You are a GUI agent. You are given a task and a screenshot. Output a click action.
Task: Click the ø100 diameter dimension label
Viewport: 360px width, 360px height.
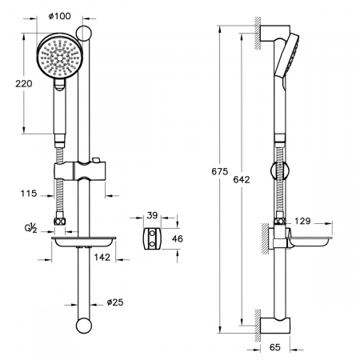(x=60, y=16)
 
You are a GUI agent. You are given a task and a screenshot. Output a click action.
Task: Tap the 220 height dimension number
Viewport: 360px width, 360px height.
(x=24, y=84)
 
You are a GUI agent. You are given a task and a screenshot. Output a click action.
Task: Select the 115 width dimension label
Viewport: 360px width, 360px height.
(x=29, y=194)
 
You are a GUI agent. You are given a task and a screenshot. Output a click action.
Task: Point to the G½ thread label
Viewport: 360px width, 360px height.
(x=31, y=229)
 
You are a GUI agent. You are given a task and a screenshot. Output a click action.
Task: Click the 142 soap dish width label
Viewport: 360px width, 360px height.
(x=102, y=258)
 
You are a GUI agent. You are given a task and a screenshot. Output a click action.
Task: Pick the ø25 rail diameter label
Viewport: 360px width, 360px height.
(x=115, y=302)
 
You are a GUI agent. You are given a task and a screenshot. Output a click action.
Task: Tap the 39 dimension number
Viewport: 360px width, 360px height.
(x=152, y=215)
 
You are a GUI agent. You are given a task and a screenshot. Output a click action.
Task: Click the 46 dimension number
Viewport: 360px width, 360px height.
(x=178, y=238)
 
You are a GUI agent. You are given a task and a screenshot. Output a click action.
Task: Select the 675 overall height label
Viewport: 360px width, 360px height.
(x=220, y=171)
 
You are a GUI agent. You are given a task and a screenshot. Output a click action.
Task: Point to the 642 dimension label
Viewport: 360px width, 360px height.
(x=242, y=180)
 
